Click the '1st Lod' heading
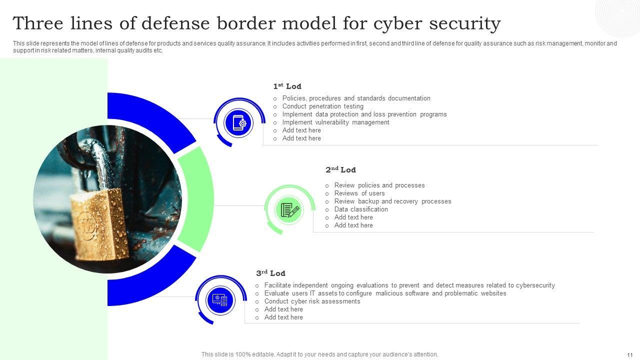[287, 86]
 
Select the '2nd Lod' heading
[340, 170]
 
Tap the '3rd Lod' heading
[270, 273]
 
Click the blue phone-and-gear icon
[237, 122]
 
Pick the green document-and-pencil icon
[289, 210]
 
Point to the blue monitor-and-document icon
[220, 300]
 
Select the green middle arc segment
[197, 198]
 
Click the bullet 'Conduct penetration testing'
[322, 106]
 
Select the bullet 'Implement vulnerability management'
[335, 122]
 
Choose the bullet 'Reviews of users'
[359, 193]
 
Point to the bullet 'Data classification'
[361, 209]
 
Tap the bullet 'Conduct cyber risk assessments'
[312, 301]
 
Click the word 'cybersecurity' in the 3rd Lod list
[535, 285]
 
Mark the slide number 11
[629, 354]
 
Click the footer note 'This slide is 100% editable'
[319, 354]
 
